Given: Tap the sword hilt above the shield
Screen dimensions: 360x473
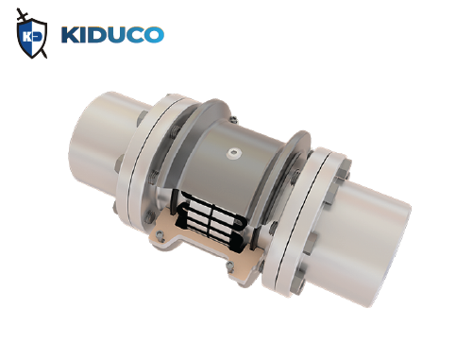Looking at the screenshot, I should pyautogui.click(x=21, y=12).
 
